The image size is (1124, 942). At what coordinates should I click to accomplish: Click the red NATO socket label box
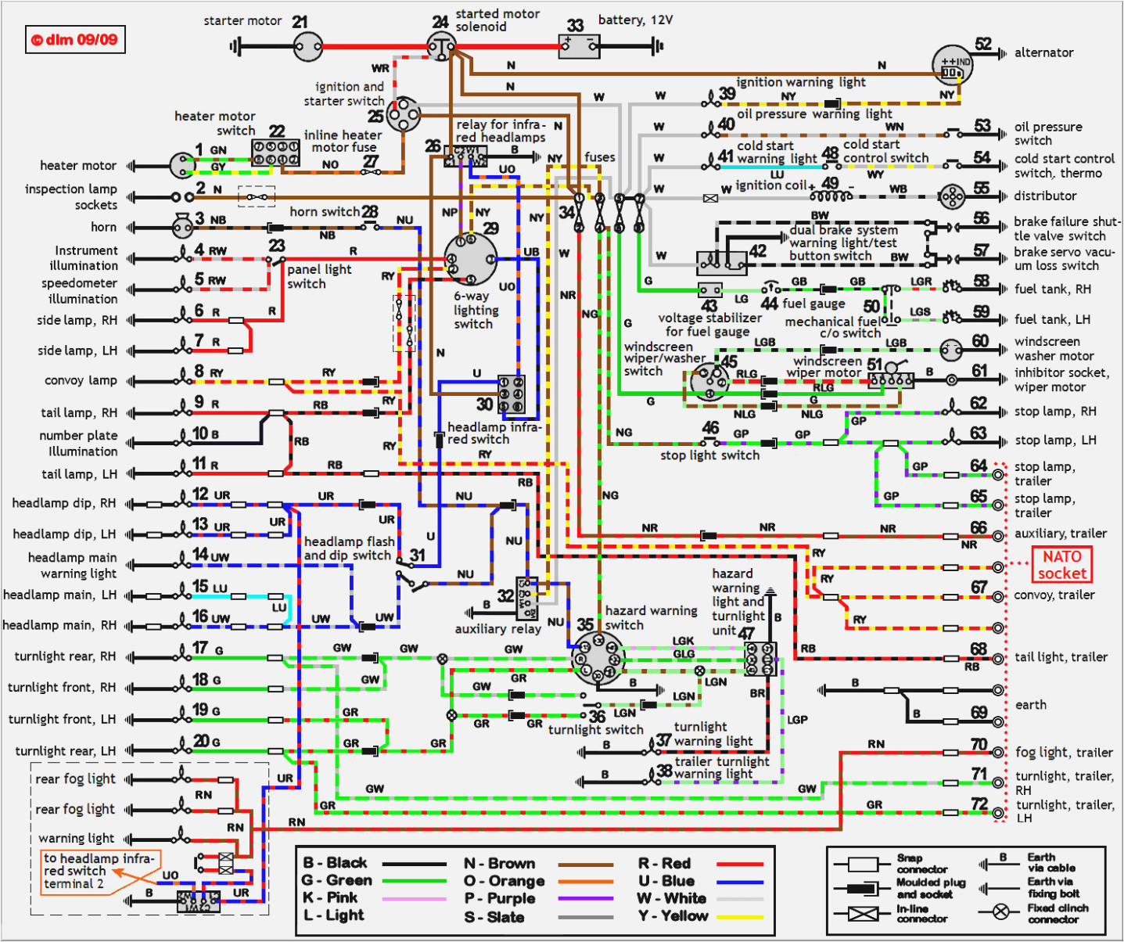click(x=1061, y=565)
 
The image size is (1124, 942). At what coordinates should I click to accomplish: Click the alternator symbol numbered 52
click(x=953, y=66)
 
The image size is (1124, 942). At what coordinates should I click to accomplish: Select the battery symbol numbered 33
click(x=580, y=47)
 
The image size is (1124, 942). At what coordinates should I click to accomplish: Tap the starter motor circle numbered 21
click(x=308, y=47)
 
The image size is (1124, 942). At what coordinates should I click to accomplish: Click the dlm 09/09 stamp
click(x=75, y=40)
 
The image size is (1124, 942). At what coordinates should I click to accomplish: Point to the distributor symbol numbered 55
click(x=952, y=196)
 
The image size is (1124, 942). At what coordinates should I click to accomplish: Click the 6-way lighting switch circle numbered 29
click(x=471, y=260)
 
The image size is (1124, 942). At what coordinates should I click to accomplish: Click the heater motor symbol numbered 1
click(x=182, y=165)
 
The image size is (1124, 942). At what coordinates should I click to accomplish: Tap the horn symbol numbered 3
click(x=182, y=227)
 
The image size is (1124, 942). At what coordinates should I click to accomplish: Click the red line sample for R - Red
click(x=739, y=865)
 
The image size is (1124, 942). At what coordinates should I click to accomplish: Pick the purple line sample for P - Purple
click(x=585, y=899)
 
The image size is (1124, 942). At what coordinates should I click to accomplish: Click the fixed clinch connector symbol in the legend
click(x=1000, y=911)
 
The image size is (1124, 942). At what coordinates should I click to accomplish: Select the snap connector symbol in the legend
click(x=864, y=865)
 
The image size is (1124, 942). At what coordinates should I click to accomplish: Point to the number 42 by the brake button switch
click(x=758, y=250)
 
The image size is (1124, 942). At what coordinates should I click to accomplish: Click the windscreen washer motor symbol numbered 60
click(x=951, y=350)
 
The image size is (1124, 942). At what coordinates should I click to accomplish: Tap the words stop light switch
click(x=709, y=455)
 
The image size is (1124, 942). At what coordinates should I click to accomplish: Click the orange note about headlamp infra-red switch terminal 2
click(x=98, y=871)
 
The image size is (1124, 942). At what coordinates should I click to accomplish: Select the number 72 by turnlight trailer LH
click(x=979, y=804)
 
